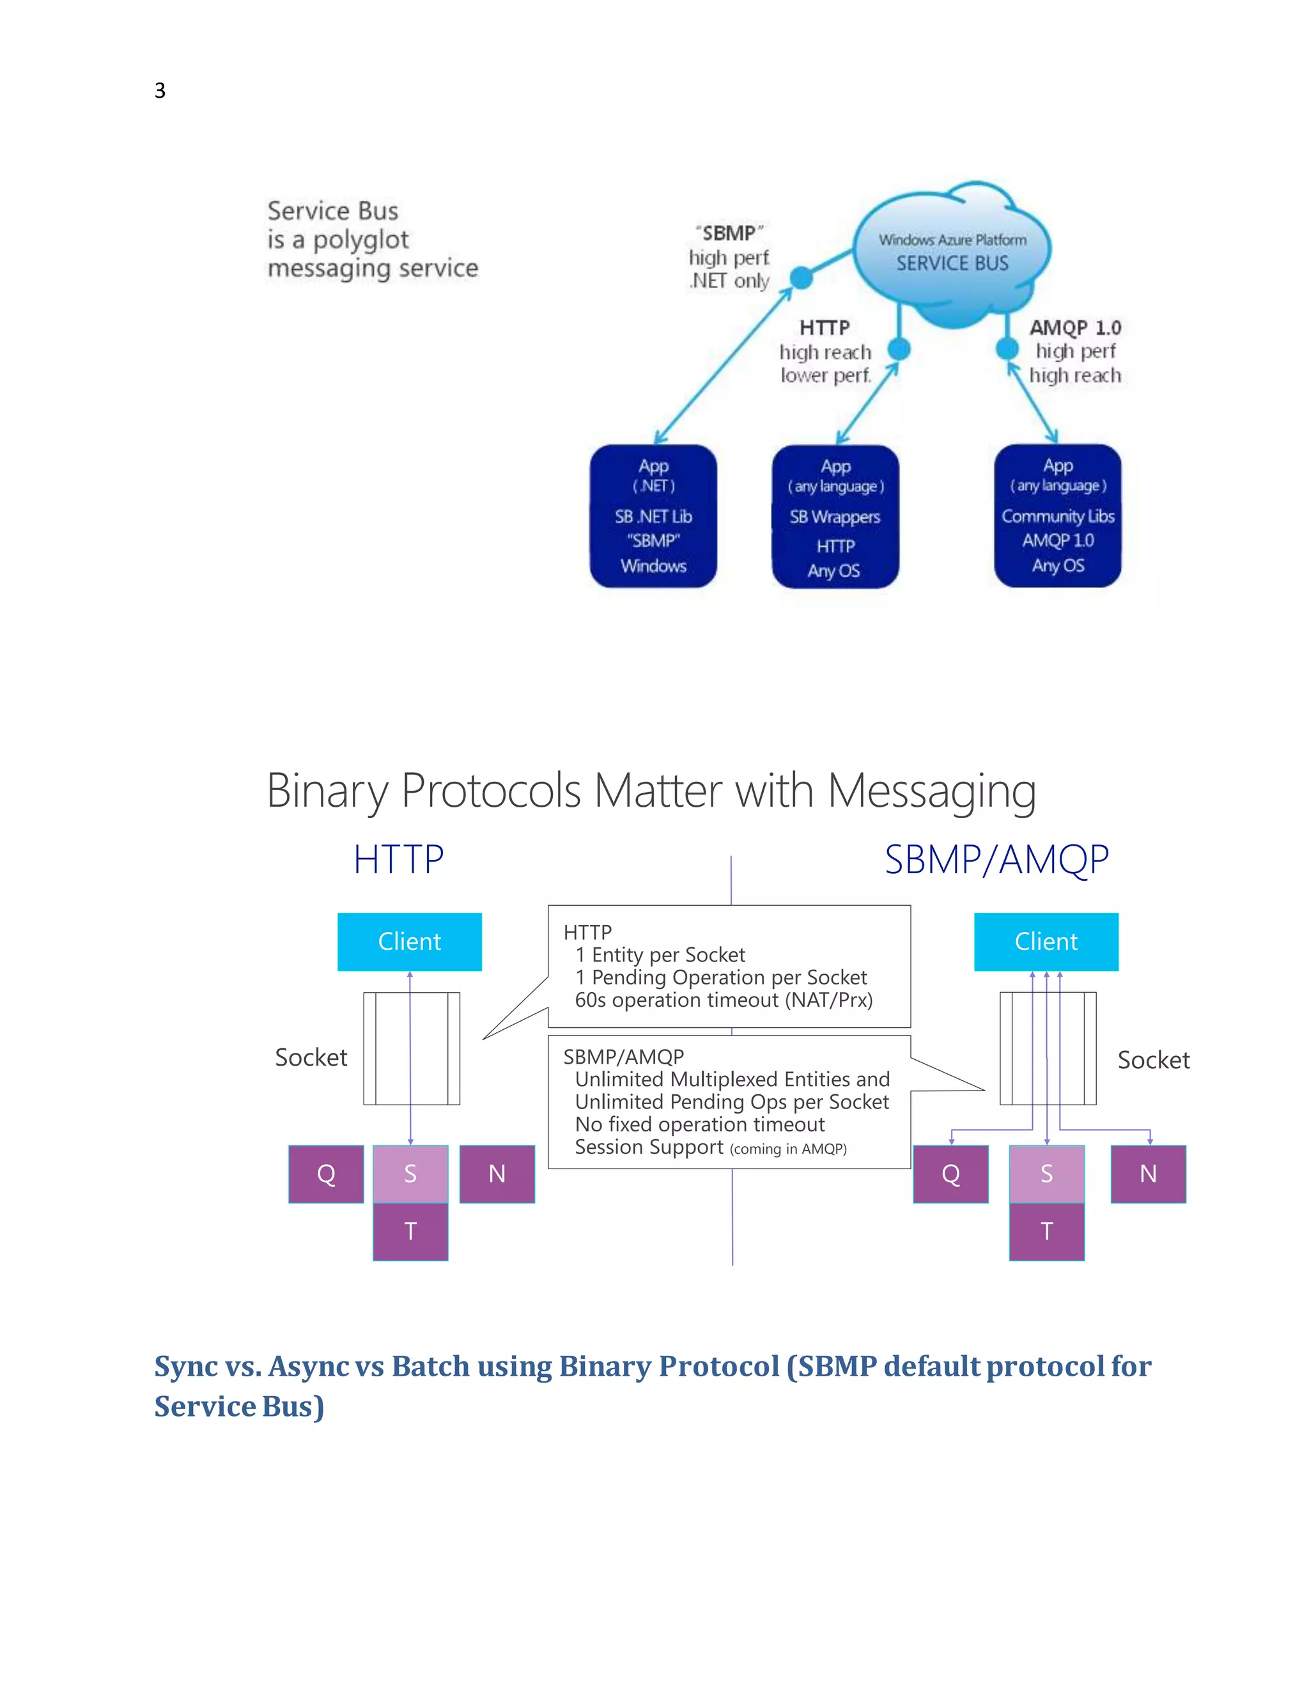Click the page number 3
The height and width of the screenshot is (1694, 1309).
pyautogui.click(x=160, y=91)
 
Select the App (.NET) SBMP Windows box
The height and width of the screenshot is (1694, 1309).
pyautogui.click(x=653, y=516)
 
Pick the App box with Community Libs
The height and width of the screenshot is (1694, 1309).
pyautogui.click(x=1058, y=516)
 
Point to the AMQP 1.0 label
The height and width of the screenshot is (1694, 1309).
pyautogui.click(x=1075, y=327)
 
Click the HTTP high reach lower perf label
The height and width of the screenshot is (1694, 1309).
pyautogui.click(x=825, y=352)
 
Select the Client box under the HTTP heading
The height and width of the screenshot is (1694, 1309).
pyautogui.click(x=410, y=942)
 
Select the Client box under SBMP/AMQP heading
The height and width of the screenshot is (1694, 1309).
pyautogui.click(x=1046, y=942)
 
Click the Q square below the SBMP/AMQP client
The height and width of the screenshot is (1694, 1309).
pyautogui.click(x=950, y=1174)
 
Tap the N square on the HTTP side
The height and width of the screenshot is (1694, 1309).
pyautogui.click(x=497, y=1174)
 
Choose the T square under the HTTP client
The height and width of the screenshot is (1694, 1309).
pyautogui.click(x=410, y=1231)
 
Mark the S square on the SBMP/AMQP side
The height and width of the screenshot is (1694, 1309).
pyautogui.click(x=1046, y=1174)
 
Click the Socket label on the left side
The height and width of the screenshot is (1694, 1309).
pyautogui.click(x=311, y=1057)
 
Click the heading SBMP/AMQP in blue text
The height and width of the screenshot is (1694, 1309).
pyautogui.click(x=996, y=859)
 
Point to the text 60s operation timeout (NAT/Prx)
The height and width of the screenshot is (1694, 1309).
pyautogui.click(x=724, y=1000)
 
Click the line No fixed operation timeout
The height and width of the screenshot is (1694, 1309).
pyautogui.click(x=699, y=1124)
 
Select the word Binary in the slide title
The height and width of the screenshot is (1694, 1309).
pyautogui.click(x=327, y=791)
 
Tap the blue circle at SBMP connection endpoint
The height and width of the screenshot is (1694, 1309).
pyautogui.click(x=801, y=277)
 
